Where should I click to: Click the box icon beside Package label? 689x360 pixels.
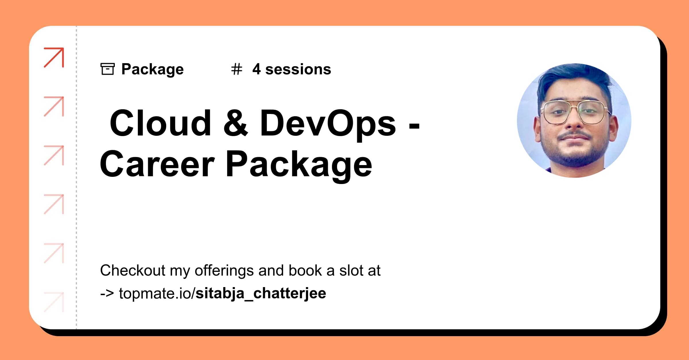[x=107, y=69]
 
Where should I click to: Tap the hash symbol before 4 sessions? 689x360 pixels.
[x=237, y=69]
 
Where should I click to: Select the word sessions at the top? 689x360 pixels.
[x=298, y=69]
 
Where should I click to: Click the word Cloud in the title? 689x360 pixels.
[x=160, y=123]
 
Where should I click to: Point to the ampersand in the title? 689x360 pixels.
[x=235, y=124]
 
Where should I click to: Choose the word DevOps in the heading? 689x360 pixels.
[x=328, y=124]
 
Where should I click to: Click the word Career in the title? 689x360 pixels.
[x=157, y=164]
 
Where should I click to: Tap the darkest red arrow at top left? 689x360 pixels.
[x=54, y=57]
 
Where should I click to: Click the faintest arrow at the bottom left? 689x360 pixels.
[x=54, y=302]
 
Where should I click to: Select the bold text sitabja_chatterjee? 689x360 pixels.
[x=261, y=293]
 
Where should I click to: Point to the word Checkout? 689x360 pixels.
[x=133, y=270]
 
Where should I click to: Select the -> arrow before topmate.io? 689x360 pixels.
[x=107, y=293]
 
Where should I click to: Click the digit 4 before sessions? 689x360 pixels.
[x=256, y=69]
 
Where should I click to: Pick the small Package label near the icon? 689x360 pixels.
[x=152, y=69]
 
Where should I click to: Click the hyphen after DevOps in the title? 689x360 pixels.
[x=414, y=125]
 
